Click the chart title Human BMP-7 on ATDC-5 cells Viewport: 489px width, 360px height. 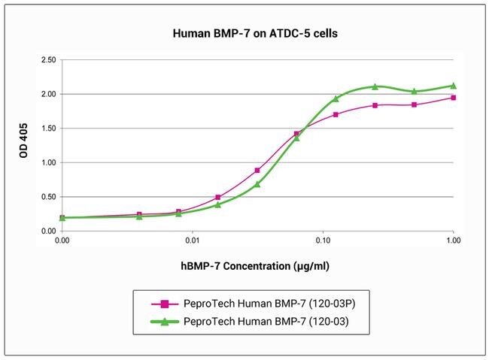coord(244,34)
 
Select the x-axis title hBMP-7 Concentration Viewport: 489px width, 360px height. coord(244,266)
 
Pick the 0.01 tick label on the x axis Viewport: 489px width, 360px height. coord(193,241)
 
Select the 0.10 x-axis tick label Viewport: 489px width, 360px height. coord(323,241)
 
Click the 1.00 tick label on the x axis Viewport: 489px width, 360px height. coord(453,241)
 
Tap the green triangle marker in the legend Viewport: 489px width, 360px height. coord(165,322)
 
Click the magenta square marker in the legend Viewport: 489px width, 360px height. coord(165,304)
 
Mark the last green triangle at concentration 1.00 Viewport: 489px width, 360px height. coord(453,86)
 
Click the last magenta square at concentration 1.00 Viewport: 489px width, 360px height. coord(453,98)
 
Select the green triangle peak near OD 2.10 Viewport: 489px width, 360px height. coord(375,86)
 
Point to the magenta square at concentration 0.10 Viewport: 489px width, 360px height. coord(336,115)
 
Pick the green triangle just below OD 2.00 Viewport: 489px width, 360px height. coord(336,98)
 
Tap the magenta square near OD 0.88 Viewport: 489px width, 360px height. coord(257,171)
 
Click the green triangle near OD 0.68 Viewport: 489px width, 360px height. coord(257,184)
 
